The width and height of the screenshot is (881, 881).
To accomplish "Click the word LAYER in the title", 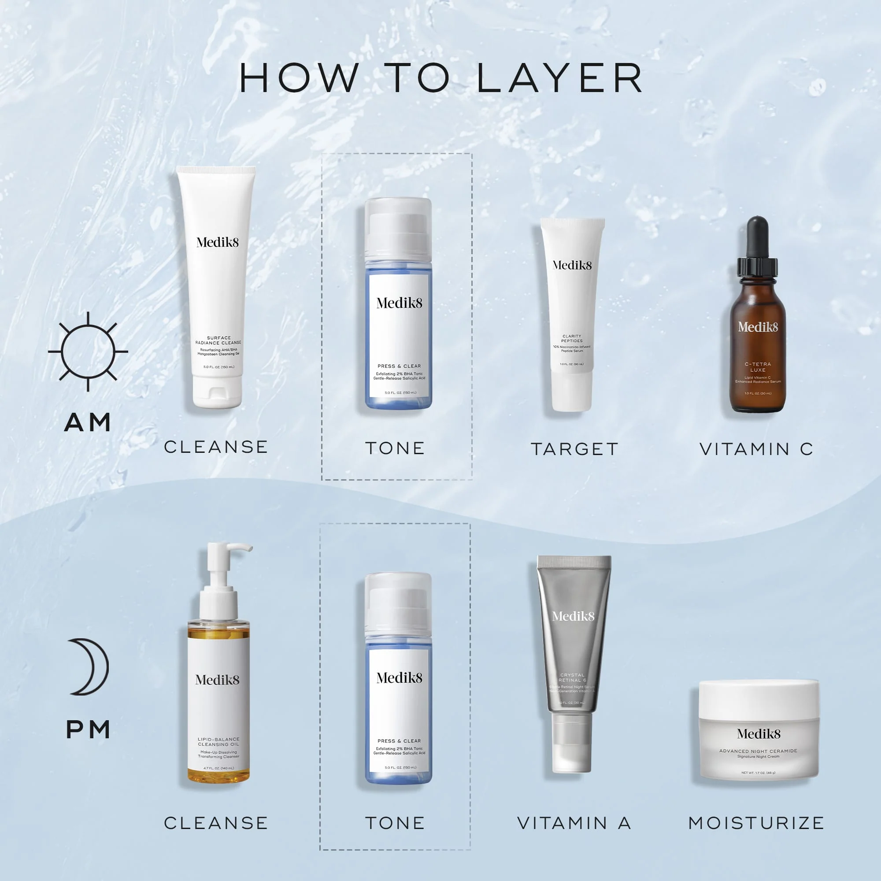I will point(559,78).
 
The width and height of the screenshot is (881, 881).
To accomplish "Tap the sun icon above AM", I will point(88,352).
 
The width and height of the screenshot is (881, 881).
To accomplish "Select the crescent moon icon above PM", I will point(90,666).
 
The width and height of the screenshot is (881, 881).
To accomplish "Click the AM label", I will point(88,422).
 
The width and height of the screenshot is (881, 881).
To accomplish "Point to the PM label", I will point(88,729).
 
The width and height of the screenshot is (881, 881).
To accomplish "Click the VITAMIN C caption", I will point(756,449).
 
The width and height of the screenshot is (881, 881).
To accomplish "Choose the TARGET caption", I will point(574,449).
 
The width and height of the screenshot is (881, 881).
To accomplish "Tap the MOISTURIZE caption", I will point(756,823).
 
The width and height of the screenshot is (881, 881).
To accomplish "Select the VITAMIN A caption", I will point(574,823).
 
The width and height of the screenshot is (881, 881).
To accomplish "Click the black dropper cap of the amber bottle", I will point(757,246).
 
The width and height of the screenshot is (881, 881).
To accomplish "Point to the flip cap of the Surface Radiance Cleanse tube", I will point(217,392).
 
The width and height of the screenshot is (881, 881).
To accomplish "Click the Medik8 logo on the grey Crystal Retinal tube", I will point(573,617).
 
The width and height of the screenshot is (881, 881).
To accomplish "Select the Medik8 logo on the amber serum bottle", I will point(758,327).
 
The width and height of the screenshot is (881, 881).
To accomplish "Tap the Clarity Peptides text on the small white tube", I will point(572,338).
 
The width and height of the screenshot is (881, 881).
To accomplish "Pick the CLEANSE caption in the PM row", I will point(216,823).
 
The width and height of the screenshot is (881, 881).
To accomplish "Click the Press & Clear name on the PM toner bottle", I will point(399,741).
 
